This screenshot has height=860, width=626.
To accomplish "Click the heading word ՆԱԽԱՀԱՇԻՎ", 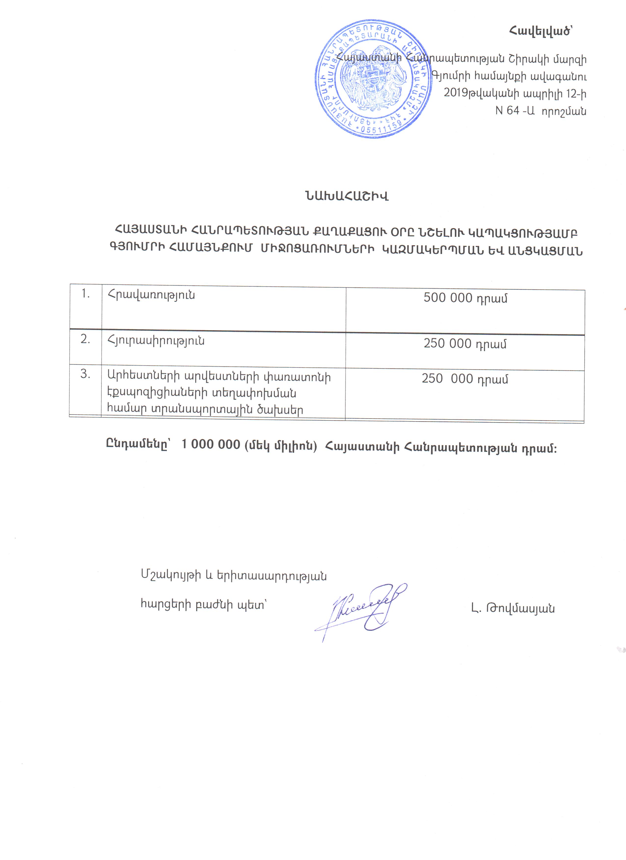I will coord(346,196).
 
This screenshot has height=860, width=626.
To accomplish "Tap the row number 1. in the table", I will coord(85,294).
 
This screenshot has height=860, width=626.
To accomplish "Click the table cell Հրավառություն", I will coord(151,295).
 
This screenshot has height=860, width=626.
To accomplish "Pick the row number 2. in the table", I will coord(85,339).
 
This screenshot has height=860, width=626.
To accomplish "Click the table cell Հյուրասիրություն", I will coord(156,341).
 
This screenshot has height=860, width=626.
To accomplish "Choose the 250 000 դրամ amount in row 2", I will coord(465,343).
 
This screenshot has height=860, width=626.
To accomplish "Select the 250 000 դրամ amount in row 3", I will coord(465,379).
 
